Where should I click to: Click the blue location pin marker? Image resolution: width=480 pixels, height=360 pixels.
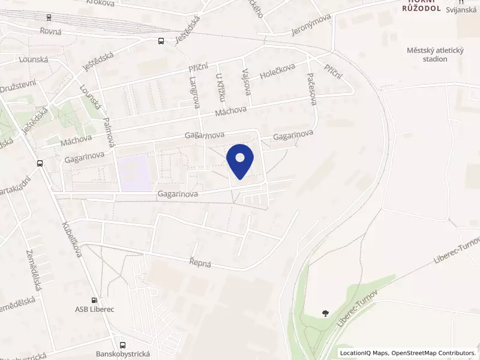tap(240, 160)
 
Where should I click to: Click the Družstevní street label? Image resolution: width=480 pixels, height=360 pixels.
tap(17, 86)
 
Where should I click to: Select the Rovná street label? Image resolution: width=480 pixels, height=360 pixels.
tap(51, 31)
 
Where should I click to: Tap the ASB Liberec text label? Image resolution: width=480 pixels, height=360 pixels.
tap(94, 309)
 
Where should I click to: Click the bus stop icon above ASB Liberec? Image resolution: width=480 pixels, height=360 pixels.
tap(94, 300)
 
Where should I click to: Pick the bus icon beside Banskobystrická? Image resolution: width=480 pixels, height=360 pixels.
tap(123, 345)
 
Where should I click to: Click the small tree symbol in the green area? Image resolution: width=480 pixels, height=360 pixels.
tap(325, 313)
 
